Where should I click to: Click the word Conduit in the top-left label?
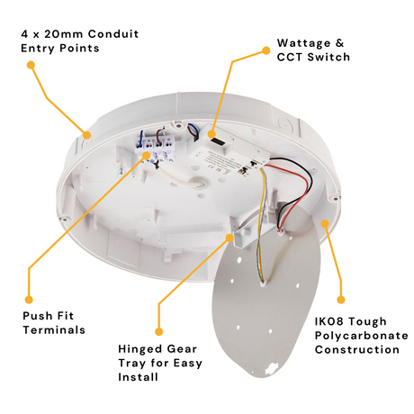pos(113,34)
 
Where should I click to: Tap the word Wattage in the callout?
pos(303,43)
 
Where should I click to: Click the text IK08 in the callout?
pos(328,321)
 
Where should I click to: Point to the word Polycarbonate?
pos(362,336)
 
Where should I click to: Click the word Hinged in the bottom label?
pos(139,349)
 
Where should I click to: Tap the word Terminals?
pos(54,330)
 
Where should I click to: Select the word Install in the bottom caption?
pos(138,377)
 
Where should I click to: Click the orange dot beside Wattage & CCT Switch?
pos(265,50)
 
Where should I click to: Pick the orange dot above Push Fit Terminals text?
pos(29,300)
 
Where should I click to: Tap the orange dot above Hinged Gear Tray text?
pos(159,331)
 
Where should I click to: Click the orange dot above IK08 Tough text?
pos(341,300)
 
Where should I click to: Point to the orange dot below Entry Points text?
pos(31,65)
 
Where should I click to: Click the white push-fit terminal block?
pos(155,148)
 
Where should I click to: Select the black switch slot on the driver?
pos(216,140)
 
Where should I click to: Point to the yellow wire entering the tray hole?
pos(260,225)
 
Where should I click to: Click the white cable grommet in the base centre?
pos(200,183)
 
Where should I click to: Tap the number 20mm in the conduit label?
pos(64,34)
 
